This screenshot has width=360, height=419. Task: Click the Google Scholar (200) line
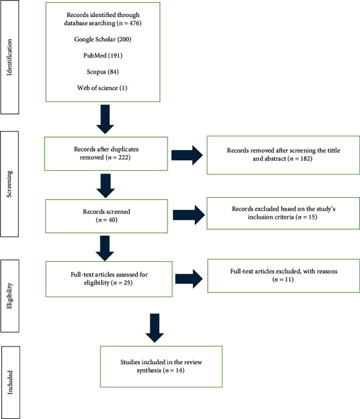click(102, 39)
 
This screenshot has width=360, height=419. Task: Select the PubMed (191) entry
click(102, 55)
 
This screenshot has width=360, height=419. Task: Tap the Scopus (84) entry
click(102, 72)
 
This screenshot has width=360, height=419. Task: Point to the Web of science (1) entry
click(102, 88)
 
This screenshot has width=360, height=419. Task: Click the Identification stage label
click(9, 57)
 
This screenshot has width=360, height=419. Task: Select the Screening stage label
click(9, 184)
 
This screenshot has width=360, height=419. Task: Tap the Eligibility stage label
click(10, 296)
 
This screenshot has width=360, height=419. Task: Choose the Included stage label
click(10, 382)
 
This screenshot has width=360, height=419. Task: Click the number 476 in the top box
click(134, 23)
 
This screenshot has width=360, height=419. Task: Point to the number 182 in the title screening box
click(305, 158)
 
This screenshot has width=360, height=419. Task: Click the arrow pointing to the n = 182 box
click(187, 155)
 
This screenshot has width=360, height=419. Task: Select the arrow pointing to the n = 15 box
click(189, 215)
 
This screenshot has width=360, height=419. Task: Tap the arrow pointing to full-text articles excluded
click(189, 279)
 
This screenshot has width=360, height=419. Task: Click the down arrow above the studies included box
click(155, 328)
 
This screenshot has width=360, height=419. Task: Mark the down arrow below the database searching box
click(105, 119)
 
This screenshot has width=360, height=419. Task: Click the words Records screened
click(107, 212)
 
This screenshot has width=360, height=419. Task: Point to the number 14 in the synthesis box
click(180, 370)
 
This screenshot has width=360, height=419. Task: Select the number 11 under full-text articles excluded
click(289, 280)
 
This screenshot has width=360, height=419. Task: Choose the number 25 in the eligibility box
click(127, 283)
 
